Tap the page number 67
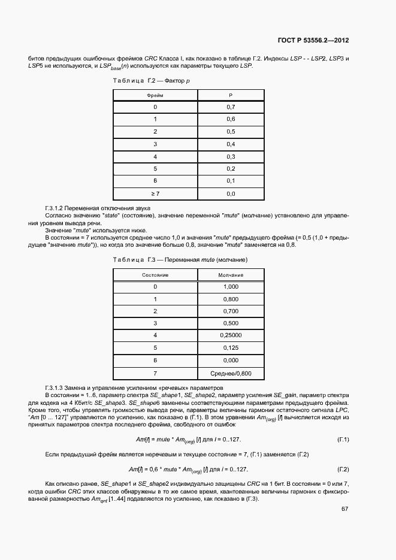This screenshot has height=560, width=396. click(x=344, y=509)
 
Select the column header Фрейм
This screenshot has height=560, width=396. click(x=155, y=95)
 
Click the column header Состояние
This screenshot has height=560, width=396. click(x=155, y=274)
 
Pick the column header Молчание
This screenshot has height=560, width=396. click(x=230, y=274)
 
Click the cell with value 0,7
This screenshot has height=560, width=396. click(x=231, y=107)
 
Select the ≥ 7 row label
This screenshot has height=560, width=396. click(x=155, y=194)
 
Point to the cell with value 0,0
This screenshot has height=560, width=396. click(x=231, y=194)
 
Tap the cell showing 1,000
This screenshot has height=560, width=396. click(x=230, y=286)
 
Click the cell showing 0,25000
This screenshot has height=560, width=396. click(x=230, y=335)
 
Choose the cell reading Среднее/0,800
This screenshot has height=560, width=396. click(x=230, y=373)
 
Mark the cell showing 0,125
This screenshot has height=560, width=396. click(x=230, y=347)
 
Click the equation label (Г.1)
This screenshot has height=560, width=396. click(x=343, y=440)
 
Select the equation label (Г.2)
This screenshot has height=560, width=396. click(x=343, y=469)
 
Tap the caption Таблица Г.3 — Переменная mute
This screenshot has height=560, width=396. click(x=172, y=259)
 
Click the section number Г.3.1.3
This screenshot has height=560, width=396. click(x=58, y=388)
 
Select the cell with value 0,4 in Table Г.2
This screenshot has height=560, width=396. click(x=231, y=144)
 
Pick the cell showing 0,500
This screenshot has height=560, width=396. click(x=230, y=323)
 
